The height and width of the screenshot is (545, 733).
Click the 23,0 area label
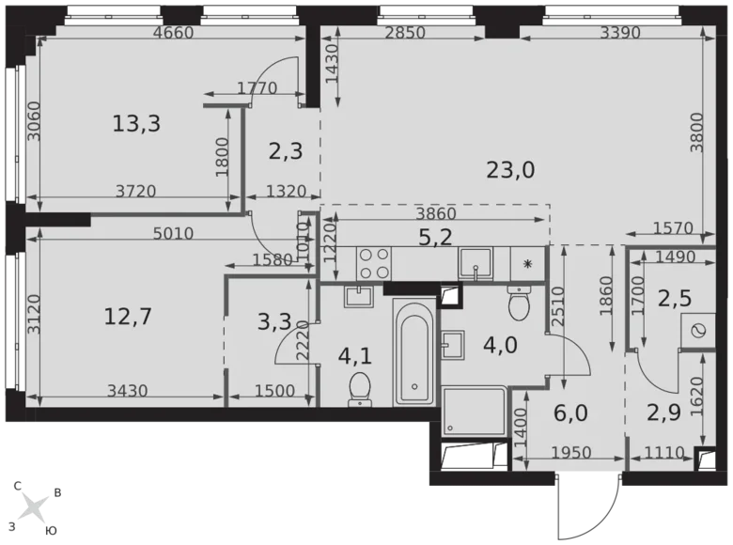(x=510, y=170)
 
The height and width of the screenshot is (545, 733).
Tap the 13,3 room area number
(x=136, y=123)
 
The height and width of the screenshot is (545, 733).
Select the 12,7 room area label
(x=128, y=317)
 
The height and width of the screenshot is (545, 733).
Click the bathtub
(x=414, y=353)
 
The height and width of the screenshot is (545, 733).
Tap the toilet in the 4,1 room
(x=359, y=390)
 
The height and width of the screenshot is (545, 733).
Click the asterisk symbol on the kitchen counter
(x=528, y=265)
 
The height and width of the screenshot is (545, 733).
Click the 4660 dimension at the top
(x=172, y=32)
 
